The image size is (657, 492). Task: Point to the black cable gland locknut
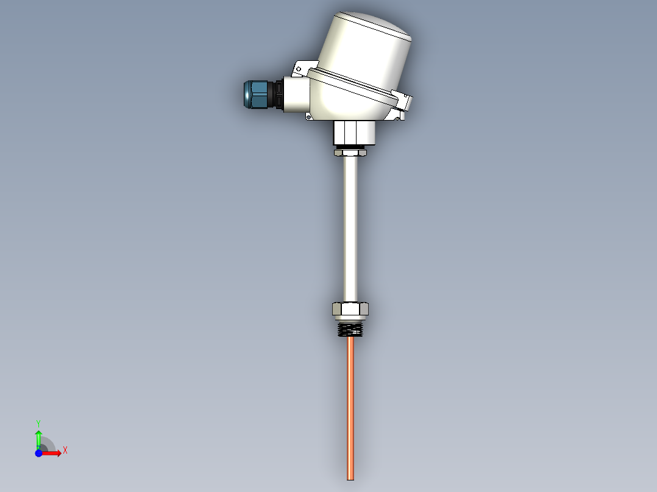(x=278, y=95)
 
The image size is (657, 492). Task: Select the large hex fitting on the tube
(x=350, y=309)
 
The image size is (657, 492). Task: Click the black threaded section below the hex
(x=350, y=329)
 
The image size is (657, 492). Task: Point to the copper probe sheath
(x=350, y=402)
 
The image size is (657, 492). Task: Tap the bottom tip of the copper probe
(x=350, y=477)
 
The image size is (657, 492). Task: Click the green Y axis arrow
(x=38, y=437)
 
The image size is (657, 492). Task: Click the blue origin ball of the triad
(x=38, y=453)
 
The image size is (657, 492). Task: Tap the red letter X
(x=65, y=450)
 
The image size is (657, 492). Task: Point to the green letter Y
(x=38, y=423)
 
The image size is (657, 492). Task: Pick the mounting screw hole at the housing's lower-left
(x=308, y=116)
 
